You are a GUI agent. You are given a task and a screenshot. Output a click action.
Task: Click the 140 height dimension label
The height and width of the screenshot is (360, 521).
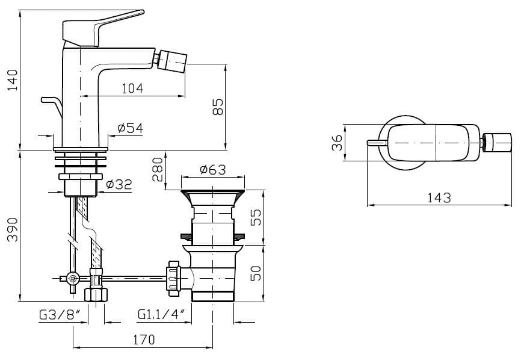point(13,80)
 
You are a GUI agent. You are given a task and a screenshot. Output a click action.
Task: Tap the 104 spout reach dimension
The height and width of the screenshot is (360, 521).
point(132,88)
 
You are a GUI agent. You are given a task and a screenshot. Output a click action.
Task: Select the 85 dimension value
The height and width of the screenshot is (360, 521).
point(218,107)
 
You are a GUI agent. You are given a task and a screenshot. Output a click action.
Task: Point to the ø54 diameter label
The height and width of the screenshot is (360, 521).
point(130,128)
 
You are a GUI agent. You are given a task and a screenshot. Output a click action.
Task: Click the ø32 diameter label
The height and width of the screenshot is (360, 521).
point(119,184)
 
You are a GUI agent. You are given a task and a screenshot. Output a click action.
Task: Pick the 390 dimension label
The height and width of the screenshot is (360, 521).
point(13,229)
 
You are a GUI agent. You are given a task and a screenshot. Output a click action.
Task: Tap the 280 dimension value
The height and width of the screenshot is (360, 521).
point(158,170)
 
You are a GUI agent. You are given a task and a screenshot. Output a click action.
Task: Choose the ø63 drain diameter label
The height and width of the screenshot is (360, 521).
point(213,170)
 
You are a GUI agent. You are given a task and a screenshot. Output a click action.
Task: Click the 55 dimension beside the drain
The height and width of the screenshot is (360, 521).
point(256,217)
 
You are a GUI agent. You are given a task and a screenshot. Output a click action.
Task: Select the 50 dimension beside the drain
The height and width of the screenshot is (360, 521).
point(256,273)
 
